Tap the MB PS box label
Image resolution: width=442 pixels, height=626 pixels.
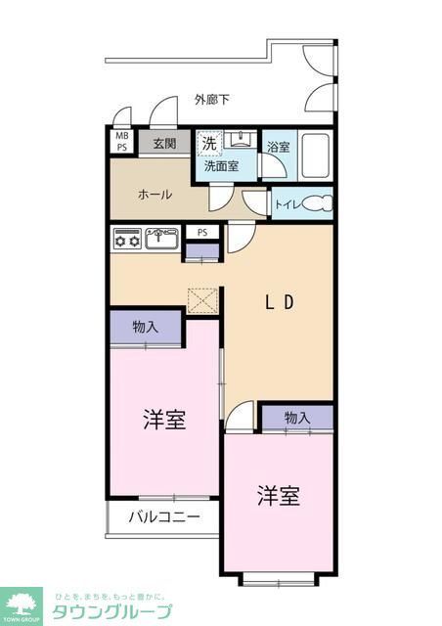click(122, 142)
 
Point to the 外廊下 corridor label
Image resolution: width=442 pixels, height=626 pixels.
click(212, 100)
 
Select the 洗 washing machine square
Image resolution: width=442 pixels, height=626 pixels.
click(208, 144)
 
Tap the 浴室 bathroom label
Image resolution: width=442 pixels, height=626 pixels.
click(278, 147)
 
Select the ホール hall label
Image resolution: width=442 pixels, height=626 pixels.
click(155, 195)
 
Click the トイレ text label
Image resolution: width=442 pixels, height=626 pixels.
click(287, 204)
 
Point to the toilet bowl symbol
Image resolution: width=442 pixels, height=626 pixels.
click(318, 204)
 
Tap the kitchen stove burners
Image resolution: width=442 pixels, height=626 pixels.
click(127, 238)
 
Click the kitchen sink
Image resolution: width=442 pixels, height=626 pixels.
click(161, 238)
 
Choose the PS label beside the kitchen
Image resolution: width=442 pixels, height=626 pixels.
click(202, 233)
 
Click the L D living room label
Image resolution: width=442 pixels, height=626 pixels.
click(280, 302)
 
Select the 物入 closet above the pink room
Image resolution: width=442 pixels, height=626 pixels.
click(145, 328)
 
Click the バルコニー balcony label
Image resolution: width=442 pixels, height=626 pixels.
click(163, 516)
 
